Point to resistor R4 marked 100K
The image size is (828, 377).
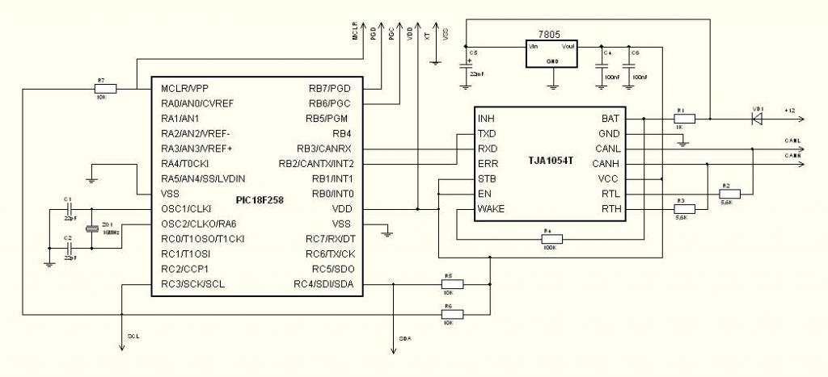tap(551, 238)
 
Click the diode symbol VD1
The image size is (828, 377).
tap(758, 118)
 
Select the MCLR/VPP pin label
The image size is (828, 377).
tap(185, 88)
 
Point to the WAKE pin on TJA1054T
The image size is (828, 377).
tap(492, 208)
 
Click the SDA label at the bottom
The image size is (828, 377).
tap(405, 339)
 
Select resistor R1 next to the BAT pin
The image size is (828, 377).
tap(684, 118)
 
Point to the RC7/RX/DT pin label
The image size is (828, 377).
tap(329, 238)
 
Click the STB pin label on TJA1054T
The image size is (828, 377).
tap(487, 178)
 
